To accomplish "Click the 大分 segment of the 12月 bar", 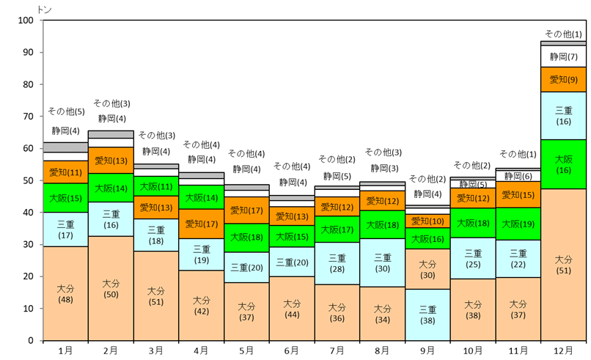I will (563, 265).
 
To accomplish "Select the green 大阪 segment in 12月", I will (563, 164).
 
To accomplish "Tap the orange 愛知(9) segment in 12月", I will (563, 79).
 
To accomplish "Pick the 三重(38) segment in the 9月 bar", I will (427, 315).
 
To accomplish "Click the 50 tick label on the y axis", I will (28, 180).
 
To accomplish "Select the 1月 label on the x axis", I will (65, 351).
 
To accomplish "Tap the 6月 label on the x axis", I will (292, 351).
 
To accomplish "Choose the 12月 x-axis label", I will (563, 351).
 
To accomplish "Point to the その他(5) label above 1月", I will (65, 111).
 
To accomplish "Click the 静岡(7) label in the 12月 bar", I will (563, 56).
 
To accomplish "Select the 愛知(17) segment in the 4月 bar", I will (202, 224).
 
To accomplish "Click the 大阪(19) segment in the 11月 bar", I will (518, 224).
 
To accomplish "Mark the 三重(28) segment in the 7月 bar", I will (337, 263).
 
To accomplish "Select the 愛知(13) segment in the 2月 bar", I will (111, 161).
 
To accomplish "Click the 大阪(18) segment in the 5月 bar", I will (246, 238).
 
